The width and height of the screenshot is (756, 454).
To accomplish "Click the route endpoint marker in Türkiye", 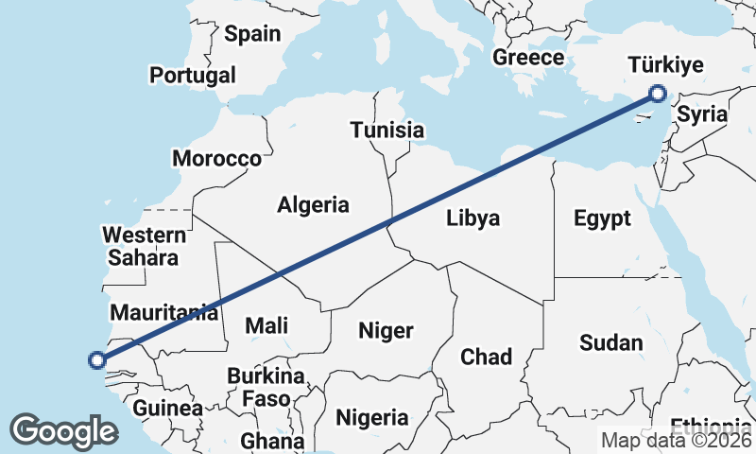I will pyautogui.click(x=658, y=93).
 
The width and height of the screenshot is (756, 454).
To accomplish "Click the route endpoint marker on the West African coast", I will pyautogui.click(x=96, y=359).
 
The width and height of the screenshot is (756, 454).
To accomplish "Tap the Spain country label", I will pyautogui.click(x=252, y=34).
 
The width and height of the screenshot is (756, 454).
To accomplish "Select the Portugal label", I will pyautogui.click(x=193, y=75).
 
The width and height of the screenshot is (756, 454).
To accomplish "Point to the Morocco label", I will pyautogui.click(x=216, y=158).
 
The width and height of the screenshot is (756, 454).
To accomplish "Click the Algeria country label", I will pyautogui.click(x=313, y=204).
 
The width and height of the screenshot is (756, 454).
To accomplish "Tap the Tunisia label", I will pyautogui.click(x=387, y=130).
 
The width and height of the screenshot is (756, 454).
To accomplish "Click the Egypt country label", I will pyautogui.click(x=602, y=218).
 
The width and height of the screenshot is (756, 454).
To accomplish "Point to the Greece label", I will pyautogui.click(x=528, y=57).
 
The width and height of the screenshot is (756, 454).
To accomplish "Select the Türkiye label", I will pyautogui.click(x=666, y=64).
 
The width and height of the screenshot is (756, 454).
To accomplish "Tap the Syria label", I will pyautogui.click(x=703, y=114).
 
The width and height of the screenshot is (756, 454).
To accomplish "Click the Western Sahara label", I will pyautogui.click(x=143, y=245).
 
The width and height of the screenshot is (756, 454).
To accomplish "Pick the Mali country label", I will pyautogui.click(x=266, y=325).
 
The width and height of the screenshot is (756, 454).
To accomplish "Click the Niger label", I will pyautogui.click(x=386, y=330).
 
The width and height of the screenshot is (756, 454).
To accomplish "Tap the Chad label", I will pyautogui.click(x=486, y=357).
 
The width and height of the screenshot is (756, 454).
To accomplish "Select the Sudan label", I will pyautogui.click(x=611, y=342).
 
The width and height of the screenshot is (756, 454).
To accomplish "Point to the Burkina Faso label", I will pyautogui.click(x=266, y=387).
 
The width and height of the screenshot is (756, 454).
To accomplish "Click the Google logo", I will pyautogui.click(x=63, y=431).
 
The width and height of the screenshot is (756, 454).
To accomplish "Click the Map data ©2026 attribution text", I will pyautogui.click(x=676, y=440).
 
